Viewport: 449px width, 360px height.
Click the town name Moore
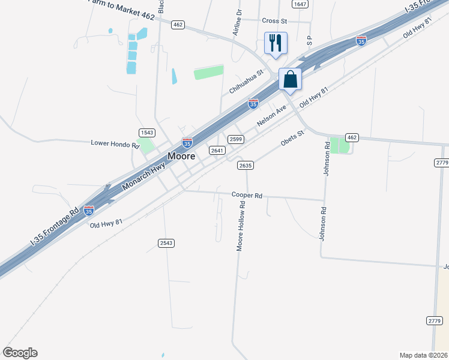181,156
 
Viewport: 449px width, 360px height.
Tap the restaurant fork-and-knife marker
276,43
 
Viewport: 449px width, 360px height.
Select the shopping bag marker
291,79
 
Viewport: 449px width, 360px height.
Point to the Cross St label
275,20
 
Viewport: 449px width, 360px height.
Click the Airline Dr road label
238,22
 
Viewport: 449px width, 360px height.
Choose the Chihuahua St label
246,82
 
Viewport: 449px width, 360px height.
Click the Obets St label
294,139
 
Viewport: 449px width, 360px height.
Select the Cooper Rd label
247,196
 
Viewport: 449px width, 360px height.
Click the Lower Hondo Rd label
115,143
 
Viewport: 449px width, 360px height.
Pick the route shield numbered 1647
300,4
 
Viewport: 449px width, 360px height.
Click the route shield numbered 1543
147,132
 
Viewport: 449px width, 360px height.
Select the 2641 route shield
217,150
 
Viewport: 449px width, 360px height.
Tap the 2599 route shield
235,139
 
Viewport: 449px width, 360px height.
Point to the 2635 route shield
245,165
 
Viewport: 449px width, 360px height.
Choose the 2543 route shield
166,242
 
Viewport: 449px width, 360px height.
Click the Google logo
20,353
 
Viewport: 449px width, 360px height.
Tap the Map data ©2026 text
423,355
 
